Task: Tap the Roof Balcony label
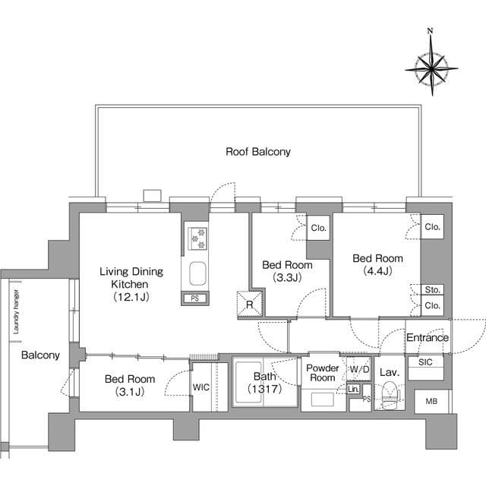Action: pos(257,152)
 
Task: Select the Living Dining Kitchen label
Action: pos(130,283)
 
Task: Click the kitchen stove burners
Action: pos(197,238)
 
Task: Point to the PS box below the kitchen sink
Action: pos(195,298)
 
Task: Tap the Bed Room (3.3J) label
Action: pos(287,271)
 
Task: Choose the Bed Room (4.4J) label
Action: pos(377,264)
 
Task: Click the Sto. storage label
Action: pos(432,290)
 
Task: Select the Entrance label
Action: pos(427,338)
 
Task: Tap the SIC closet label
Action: pos(425,363)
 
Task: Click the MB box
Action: pos(431,400)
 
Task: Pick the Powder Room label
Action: pos(323,373)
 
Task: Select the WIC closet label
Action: pos(201,387)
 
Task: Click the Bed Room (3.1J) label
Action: pos(130,385)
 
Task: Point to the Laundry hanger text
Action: pos(15,311)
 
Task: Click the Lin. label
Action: pos(353,390)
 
